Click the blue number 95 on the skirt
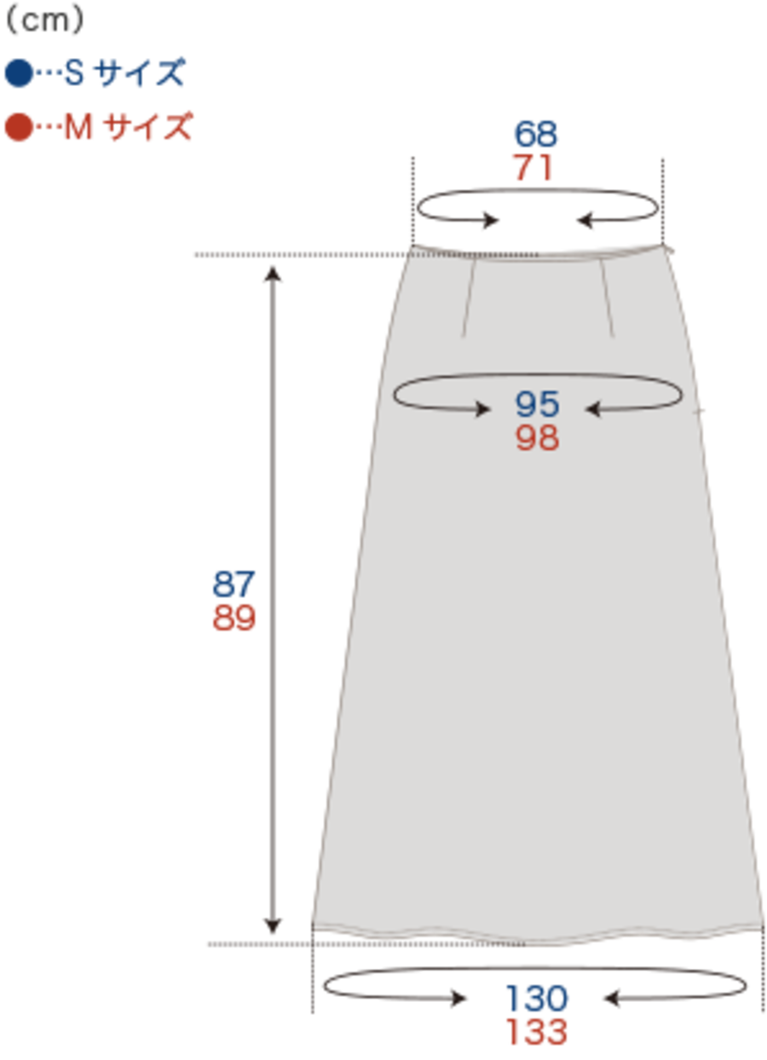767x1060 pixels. (537, 405)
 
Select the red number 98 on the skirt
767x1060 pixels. (537, 438)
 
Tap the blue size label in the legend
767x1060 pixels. (95, 73)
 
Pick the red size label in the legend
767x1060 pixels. (99, 128)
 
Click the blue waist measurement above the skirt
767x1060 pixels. (535, 134)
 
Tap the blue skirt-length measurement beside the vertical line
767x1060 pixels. (234, 585)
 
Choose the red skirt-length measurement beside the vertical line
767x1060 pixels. (234, 618)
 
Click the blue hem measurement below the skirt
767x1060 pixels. (537, 998)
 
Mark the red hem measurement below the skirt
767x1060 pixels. (537, 1031)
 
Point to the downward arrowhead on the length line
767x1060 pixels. (273, 925)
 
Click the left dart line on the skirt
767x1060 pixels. (469, 298)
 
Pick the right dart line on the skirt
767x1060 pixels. (608, 298)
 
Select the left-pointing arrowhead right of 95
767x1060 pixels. (594, 410)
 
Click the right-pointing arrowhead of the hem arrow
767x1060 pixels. (460, 998)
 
